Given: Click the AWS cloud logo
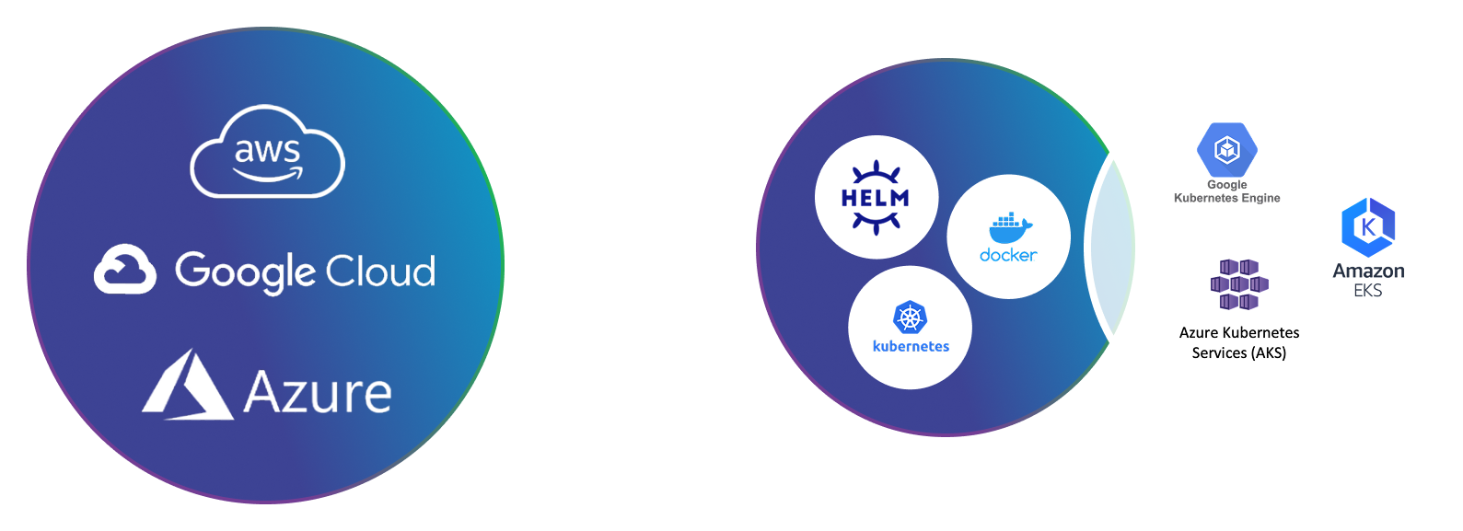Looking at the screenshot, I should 267,152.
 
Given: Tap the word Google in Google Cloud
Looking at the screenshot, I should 245,271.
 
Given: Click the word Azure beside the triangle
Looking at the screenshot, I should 318,393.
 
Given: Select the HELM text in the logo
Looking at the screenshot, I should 875,198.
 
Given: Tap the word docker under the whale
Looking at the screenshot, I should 1008,255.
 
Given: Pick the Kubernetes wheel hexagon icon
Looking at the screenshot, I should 910,317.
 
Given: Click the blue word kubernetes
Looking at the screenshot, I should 911,347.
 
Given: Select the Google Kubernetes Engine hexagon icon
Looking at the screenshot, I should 1226,149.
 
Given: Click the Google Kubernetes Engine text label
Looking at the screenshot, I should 1226,191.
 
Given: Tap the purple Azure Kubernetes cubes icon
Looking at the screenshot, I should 1239,284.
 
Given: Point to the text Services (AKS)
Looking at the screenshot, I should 1238,353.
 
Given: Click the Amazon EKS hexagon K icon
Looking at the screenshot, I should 1368,227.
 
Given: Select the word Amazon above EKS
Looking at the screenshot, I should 1368,271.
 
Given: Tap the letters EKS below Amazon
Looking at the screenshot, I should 1368,291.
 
